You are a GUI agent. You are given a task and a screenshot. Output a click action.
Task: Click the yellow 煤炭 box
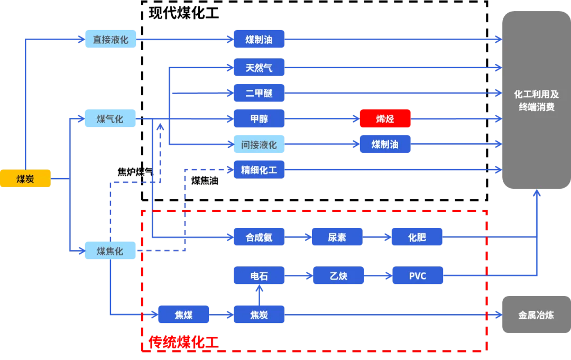coord(25,179)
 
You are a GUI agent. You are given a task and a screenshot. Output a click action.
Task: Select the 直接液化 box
coord(112,40)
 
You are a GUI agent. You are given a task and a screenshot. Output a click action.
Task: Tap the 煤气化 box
coord(110,119)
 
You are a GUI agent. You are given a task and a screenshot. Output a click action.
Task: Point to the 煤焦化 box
coord(110,252)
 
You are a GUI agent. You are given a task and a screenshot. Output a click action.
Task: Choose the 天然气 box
coord(259,68)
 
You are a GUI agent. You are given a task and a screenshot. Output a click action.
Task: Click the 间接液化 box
coord(259,144)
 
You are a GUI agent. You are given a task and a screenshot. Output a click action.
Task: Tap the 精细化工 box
coord(259,170)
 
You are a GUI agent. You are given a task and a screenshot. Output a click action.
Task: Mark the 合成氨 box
coord(259,237)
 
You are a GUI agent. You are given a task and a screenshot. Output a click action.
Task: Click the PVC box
coord(418,276)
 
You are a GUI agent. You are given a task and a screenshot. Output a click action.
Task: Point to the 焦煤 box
coord(184,315)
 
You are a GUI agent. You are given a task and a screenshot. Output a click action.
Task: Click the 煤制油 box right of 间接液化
coord(385,144)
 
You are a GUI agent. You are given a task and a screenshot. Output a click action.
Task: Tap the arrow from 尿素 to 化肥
coord(376,237)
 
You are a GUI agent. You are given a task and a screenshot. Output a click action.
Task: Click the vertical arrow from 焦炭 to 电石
coord(259,296)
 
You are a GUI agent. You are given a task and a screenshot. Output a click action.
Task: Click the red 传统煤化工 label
coord(183,343)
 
